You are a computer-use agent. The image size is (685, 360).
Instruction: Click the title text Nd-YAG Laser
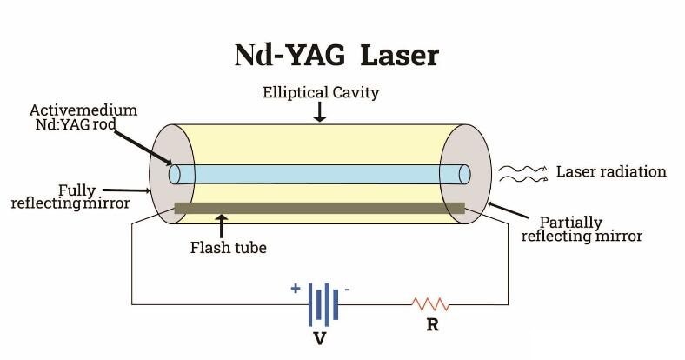[x=336, y=54]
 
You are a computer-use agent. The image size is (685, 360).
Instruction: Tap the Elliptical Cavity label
[x=320, y=92]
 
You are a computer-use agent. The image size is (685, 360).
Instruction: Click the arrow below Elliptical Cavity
[x=320, y=112]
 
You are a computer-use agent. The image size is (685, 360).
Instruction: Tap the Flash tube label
[x=228, y=247]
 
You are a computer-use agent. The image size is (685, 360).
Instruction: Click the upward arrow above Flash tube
[x=223, y=226]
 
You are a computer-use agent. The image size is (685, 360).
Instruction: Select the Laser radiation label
[x=611, y=171]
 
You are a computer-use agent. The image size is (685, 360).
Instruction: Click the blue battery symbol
[x=322, y=303]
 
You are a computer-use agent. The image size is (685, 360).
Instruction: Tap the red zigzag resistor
[x=430, y=304]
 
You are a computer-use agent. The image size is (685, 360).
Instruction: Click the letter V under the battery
[x=319, y=338]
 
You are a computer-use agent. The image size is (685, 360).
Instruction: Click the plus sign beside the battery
[x=296, y=288]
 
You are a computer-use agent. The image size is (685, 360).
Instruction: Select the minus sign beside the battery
[x=347, y=289]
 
